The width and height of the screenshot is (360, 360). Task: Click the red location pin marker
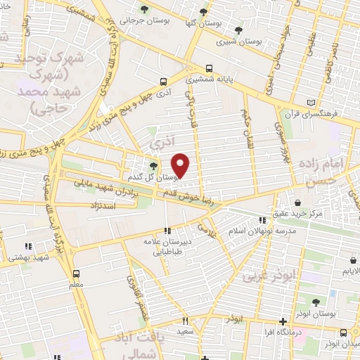pos(181,166)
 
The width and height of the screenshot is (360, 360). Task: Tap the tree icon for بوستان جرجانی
pos(144,10)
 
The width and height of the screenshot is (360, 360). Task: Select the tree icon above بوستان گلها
pos(203,12)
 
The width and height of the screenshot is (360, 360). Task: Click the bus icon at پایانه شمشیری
pos(210,69)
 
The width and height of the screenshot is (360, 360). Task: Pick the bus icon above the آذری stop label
pos(164,82)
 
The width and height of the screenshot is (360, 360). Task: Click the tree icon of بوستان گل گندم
pos(153,165)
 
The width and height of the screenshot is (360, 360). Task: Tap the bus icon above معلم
pos(76,274)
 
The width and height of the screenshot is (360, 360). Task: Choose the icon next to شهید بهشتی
pos(28,246)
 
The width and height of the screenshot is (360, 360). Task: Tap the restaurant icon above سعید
pos(185,320)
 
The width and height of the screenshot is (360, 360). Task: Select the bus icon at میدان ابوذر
pos(342,333)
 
